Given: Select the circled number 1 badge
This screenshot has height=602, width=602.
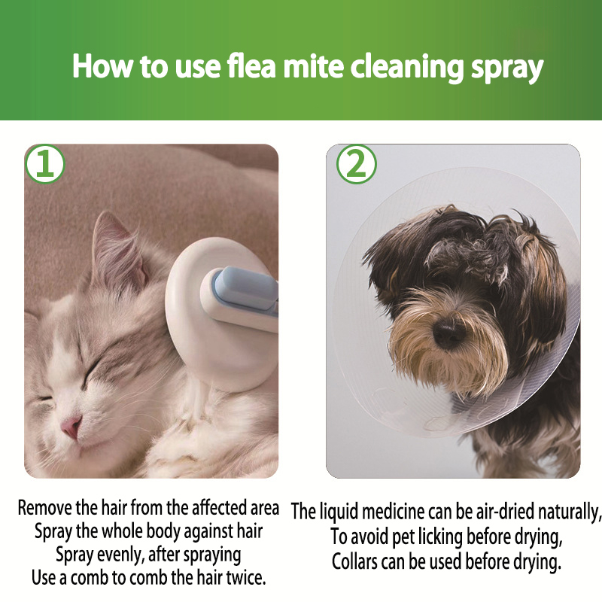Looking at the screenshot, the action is point(45,164).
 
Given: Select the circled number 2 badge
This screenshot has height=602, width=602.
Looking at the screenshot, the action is point(356,164).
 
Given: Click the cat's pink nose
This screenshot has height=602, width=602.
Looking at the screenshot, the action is point(72,427).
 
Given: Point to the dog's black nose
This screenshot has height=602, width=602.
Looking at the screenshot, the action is point(448,331).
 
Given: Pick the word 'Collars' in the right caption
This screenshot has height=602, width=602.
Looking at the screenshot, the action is point(354,562).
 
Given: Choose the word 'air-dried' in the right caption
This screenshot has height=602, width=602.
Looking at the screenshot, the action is point(505,512).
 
